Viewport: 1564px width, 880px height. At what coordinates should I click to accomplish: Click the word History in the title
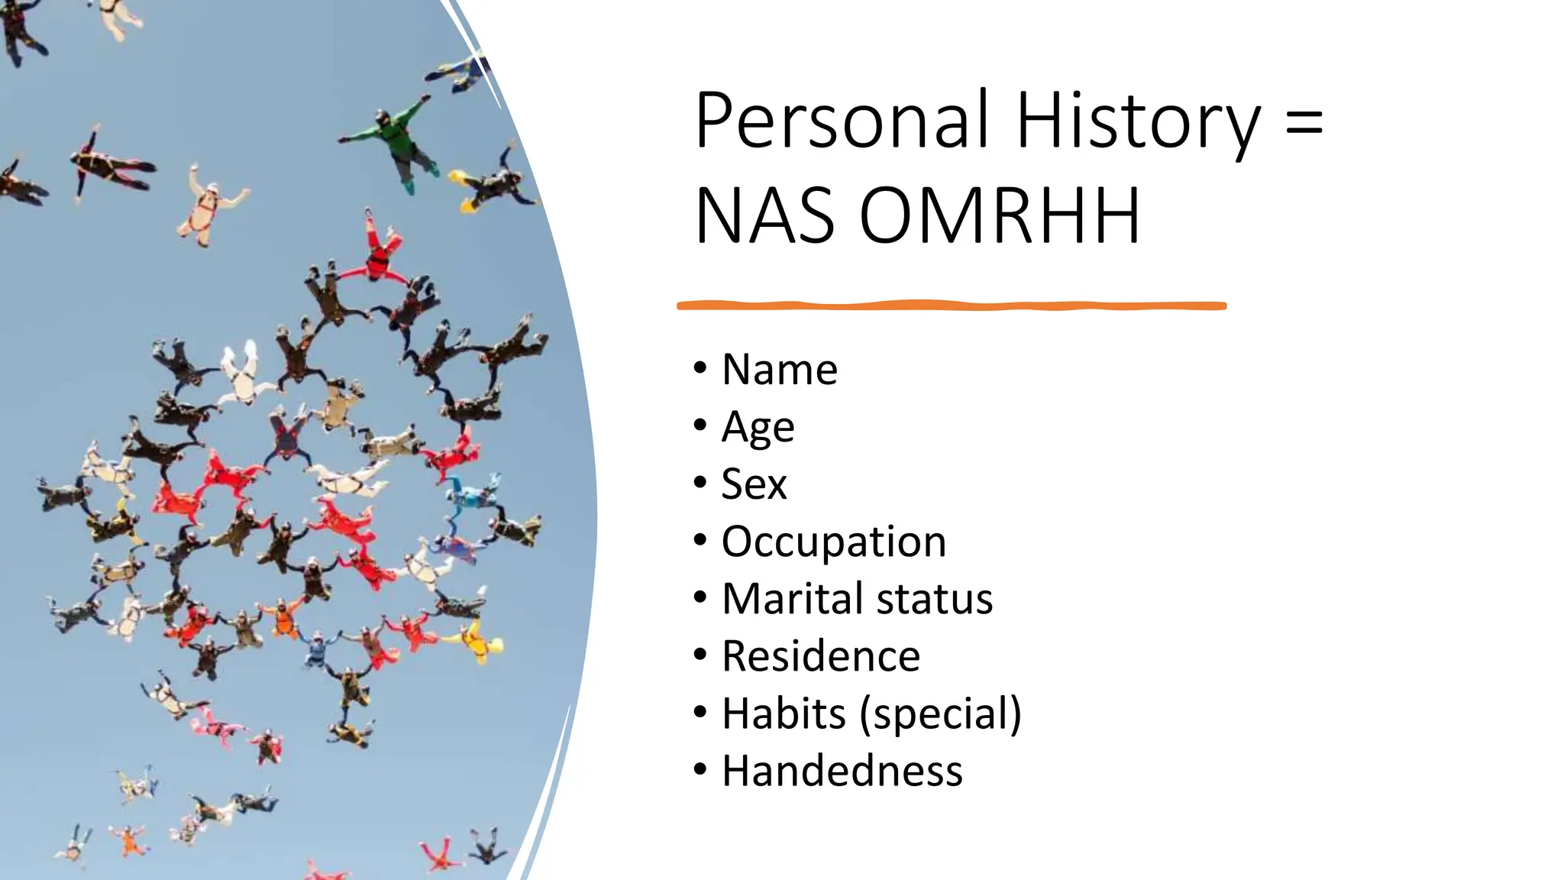coord(1138,122)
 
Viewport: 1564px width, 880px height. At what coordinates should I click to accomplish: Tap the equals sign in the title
coord(1304,122)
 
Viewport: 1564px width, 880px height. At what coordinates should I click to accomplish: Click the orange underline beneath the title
coord(951,306)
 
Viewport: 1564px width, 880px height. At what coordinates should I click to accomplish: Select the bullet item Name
coord(779,370)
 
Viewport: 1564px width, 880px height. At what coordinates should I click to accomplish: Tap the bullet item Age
coord(758,428)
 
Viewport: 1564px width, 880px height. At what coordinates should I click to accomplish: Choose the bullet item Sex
coord(754,484)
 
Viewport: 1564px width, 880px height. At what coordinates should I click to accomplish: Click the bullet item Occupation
coord(833,542)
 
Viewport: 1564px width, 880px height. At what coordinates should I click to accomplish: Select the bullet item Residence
coord(821,657)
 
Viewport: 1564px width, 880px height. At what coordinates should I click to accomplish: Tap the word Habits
coord(784,714)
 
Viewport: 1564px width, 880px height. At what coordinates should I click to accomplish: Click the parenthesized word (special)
coord(940,714)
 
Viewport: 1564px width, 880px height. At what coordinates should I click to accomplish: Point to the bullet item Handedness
coord(842,772)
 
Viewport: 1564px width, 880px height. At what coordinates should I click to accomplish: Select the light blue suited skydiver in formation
coord(473,497)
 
